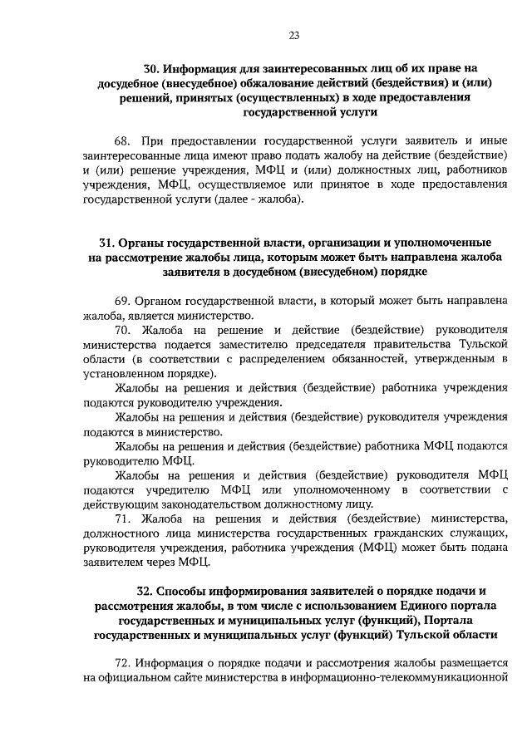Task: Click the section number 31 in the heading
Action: point(106,243)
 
